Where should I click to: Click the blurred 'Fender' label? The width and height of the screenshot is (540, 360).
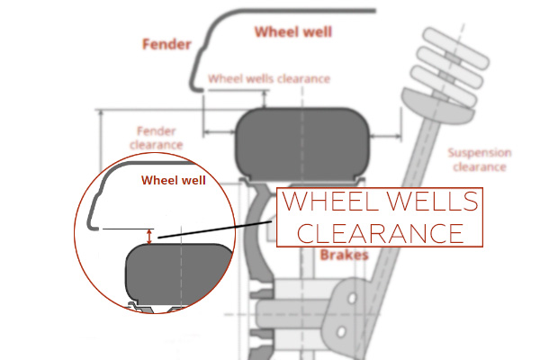(166, 44)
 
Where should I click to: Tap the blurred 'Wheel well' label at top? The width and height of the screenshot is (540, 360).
(293, 31)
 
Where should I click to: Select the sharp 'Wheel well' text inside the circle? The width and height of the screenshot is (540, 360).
(173, 180)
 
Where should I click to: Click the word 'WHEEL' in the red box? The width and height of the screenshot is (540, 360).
(330, 201)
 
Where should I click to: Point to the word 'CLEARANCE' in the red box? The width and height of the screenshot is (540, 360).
(380, 233)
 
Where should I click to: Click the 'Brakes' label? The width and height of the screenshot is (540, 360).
(344, 256)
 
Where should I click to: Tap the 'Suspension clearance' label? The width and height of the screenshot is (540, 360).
(480, 160)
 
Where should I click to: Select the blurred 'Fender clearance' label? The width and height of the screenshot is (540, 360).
(157, 138)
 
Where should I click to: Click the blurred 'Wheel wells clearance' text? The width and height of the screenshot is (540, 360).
(269, 79)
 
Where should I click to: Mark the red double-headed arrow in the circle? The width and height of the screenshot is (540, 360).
(149, 237)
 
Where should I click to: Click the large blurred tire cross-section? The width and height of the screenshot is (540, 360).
(302, 145)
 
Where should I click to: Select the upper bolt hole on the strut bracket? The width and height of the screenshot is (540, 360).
(352, 298)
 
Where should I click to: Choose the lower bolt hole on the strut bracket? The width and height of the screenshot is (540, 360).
(341, 332)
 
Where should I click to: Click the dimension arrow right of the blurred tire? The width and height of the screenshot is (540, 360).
(385, 137)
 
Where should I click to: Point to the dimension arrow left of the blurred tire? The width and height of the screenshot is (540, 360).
(220, 131)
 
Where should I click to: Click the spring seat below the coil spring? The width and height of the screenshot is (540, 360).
(437, 103)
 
